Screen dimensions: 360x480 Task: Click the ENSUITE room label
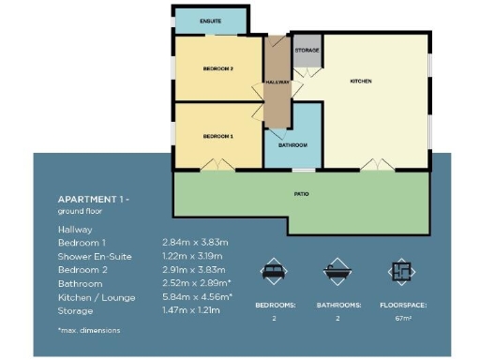coord(197,20)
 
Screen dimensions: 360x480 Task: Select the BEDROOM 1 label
coord(217,137)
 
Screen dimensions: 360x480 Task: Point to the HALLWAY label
coord(277,82)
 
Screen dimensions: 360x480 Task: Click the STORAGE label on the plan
coord(307,50)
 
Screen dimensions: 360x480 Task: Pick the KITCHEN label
coord(361,82)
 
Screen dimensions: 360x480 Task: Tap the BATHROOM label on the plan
coord(292,145)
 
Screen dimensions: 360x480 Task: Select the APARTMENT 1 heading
coord(93,201)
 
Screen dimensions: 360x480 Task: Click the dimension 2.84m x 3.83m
coord(196,243)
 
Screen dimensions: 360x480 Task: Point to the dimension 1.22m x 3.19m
coord(196,256)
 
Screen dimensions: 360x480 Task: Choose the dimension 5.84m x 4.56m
coord(197,295)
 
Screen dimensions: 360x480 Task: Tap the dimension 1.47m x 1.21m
coord(191,308)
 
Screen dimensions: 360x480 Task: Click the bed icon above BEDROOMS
coord(272,272)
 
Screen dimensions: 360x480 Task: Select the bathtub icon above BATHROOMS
coord(337,272)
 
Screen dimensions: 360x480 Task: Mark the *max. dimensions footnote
coord(89,330)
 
